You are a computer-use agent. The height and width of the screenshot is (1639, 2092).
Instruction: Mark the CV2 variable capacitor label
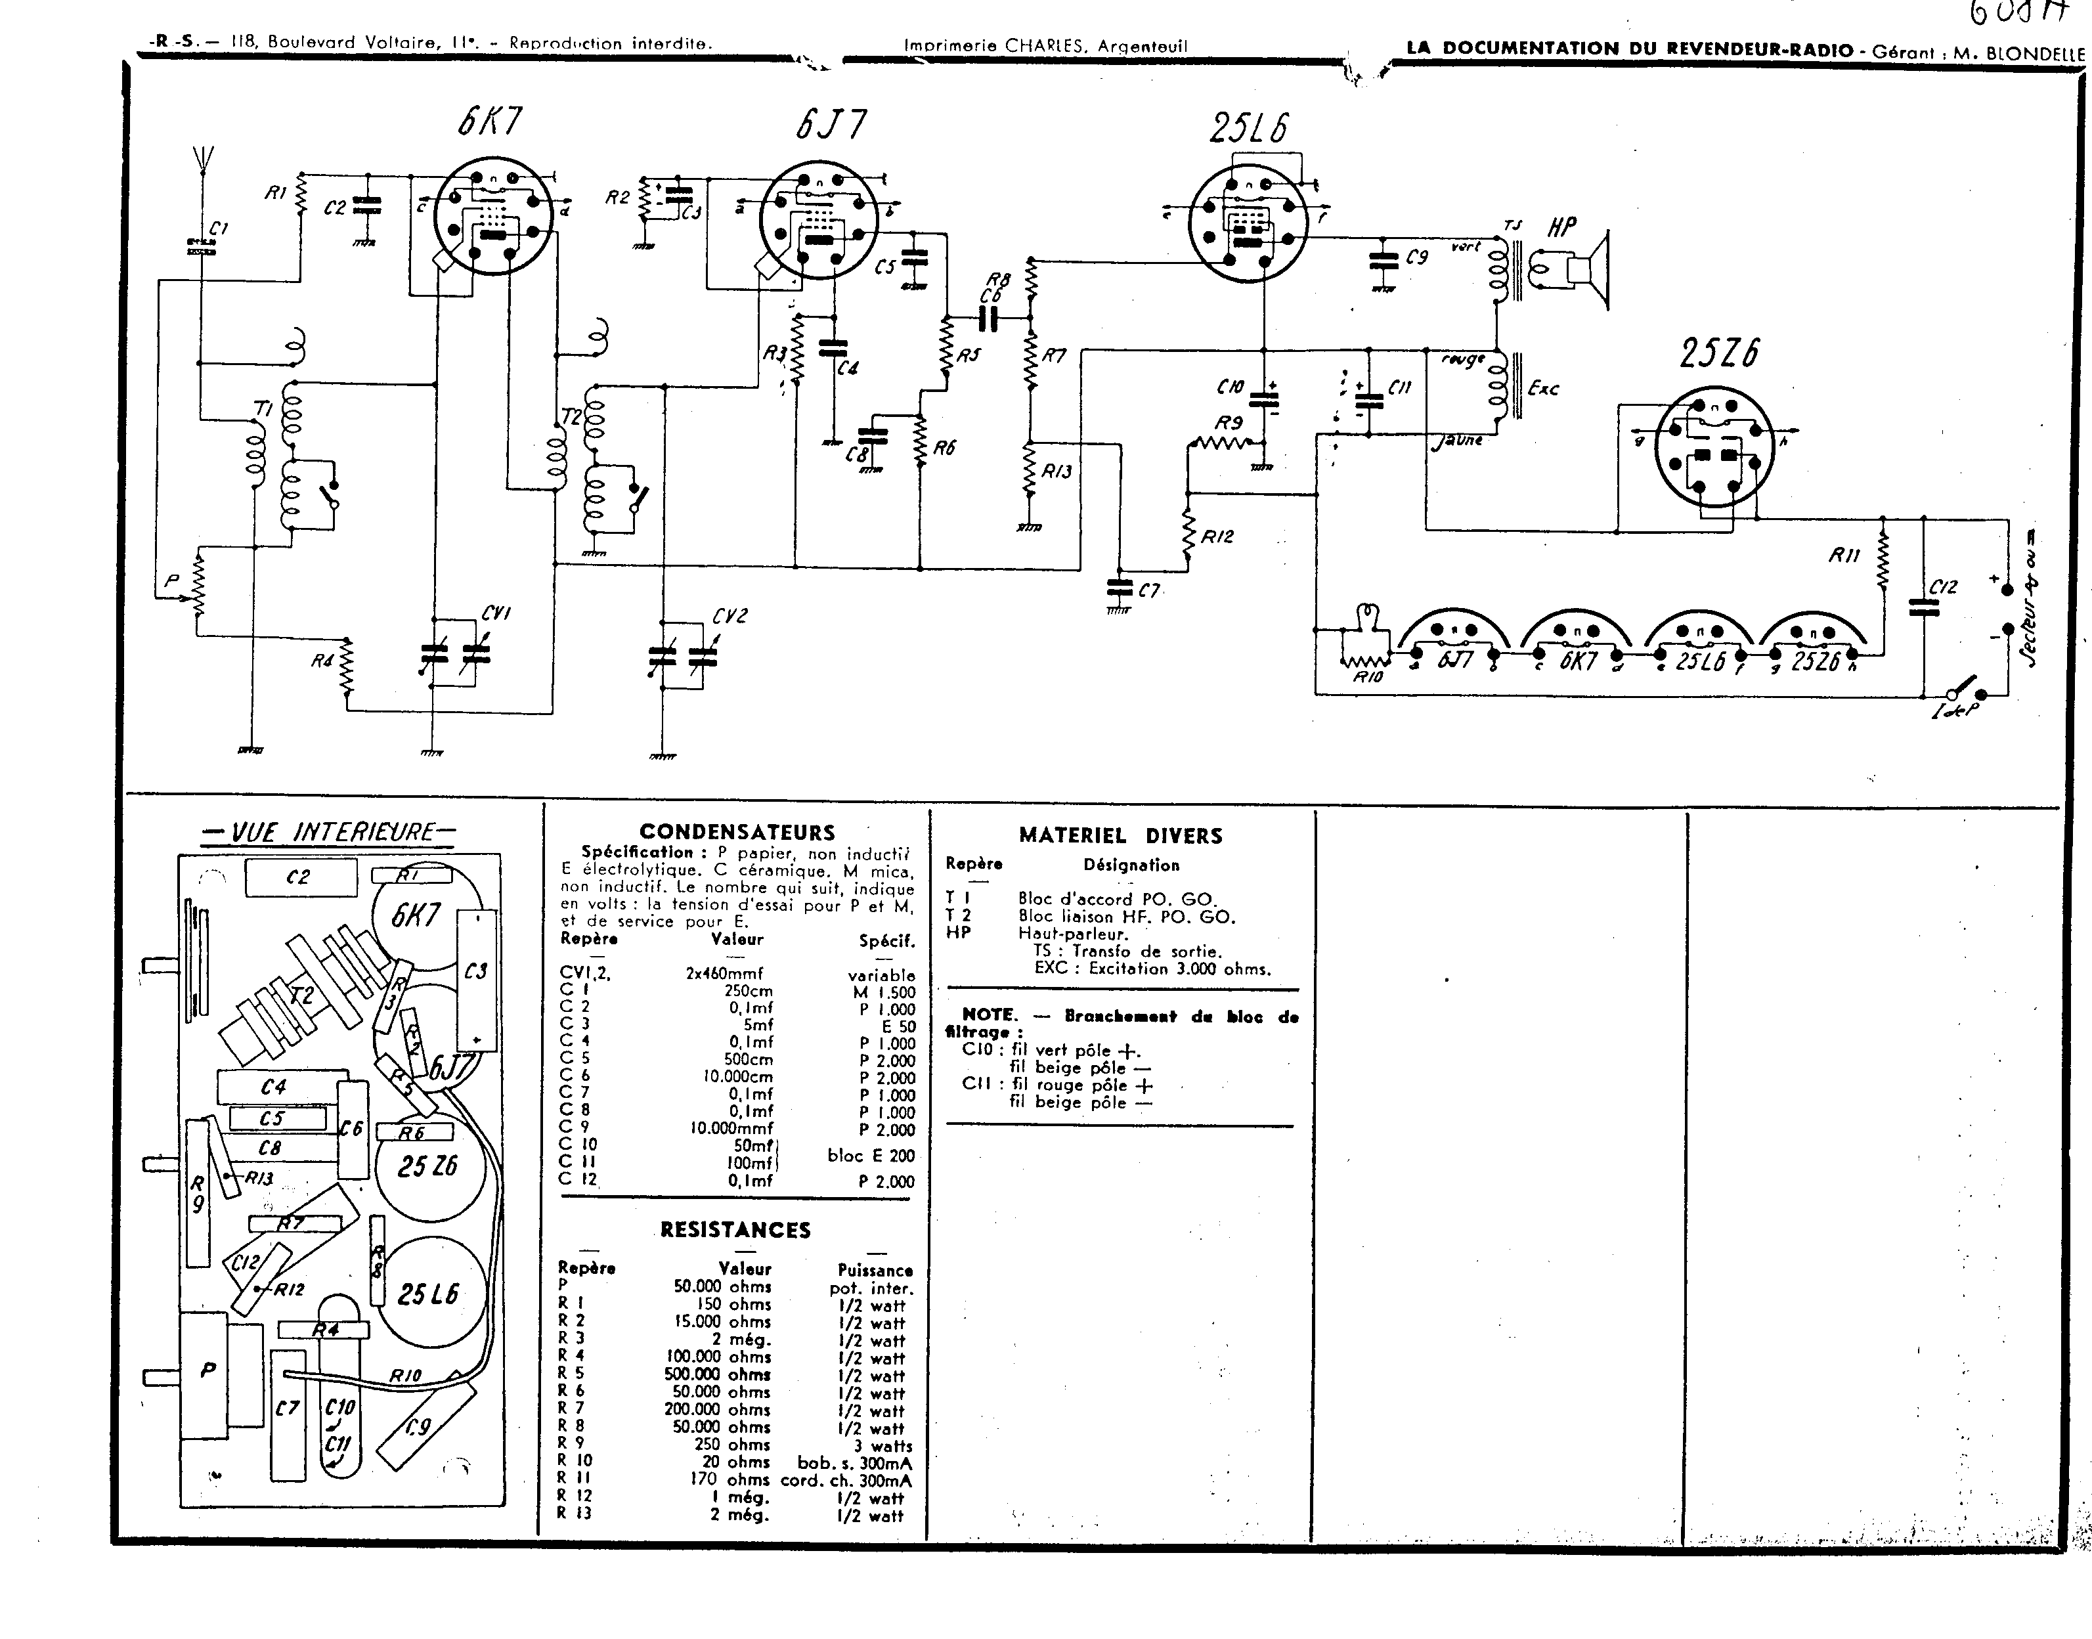[x=730, y=616]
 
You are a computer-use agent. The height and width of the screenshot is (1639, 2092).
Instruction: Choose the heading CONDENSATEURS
[x=737, y=832]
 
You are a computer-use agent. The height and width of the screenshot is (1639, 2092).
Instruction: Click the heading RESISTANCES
[x=735, y=1229]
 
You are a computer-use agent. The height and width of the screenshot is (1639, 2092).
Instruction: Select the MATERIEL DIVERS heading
[x=1120, y=836]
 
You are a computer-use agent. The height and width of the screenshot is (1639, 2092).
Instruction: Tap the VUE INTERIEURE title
[x=329, y=832]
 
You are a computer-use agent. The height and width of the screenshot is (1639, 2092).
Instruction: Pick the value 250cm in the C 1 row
[x=749, y=992]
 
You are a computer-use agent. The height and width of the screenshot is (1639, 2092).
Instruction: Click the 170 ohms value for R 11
[x=730, y=1479]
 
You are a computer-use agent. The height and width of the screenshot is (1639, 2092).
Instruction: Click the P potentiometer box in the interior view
[x=208, y=1371]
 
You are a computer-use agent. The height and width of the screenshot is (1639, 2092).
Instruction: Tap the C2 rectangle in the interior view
[x=300, y=877]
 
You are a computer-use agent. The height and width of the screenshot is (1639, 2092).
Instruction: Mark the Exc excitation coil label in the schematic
[x=1543, y=389]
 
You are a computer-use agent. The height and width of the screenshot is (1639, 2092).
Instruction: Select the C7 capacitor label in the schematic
[x=1148, y=591]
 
